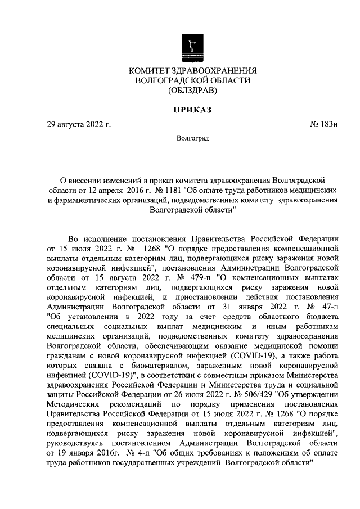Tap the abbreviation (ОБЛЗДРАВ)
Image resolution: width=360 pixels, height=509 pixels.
coord(192,90)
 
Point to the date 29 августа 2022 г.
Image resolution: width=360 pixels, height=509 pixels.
coord(79,124)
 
